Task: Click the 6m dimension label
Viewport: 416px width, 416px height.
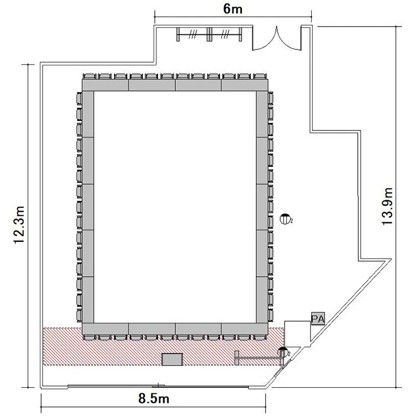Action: coord(232,9)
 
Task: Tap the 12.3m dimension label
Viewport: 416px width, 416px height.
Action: coord(19,225)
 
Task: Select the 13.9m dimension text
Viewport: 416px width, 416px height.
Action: coord(387,206)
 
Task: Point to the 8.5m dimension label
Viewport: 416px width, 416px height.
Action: coord(154,398)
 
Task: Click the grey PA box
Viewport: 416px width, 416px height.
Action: coord(318,318)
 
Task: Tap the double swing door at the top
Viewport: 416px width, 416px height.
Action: coord(277,38)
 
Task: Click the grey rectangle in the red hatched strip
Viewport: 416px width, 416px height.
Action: coord(173,359)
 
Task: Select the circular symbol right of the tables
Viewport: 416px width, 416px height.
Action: coord(285,219)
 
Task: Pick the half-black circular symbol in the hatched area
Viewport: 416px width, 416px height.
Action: coord(282,352)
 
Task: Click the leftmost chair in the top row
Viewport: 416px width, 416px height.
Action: coord(89,77)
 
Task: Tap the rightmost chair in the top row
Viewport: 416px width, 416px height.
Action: coord(260,77)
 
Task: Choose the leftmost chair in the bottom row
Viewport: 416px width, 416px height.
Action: coord(89,337)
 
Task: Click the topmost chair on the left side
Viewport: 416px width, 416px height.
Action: coord(79,98)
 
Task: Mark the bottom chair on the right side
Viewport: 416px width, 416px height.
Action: coord(270,316)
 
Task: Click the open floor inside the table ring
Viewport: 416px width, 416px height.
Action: coord(175,207)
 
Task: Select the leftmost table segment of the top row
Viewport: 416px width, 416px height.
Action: coord(105,85)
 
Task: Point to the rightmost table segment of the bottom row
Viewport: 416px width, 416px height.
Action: coord(245,329)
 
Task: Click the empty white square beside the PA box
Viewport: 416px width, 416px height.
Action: coord(297,334)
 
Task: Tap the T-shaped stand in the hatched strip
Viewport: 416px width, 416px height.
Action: coord(258,358)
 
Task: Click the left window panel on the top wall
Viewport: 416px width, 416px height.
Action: coord(192,34)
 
